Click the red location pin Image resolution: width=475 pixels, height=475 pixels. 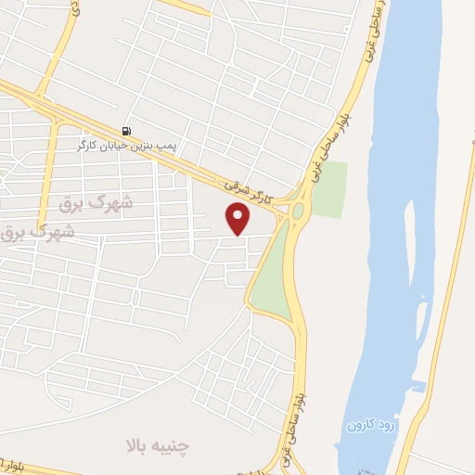[238, 218]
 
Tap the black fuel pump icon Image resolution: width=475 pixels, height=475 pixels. [126, 131]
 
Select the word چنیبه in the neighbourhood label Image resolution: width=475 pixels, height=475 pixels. [173, 445]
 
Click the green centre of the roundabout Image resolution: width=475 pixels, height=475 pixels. [298, 212]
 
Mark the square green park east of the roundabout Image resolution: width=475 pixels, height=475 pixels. [328, 189]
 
